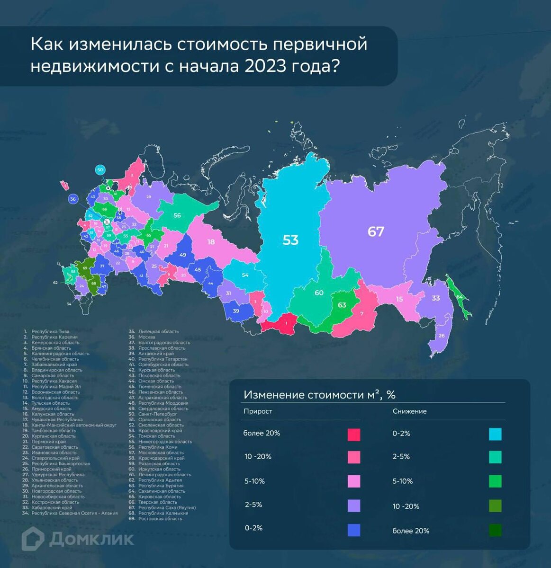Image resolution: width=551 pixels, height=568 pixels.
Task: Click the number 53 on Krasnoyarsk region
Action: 290,240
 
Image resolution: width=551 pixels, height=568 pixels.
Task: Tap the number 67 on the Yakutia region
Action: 376,231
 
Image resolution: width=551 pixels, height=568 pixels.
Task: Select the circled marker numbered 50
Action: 99,169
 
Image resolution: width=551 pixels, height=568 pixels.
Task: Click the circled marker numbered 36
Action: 73,199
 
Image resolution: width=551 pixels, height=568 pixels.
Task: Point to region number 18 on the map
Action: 211,242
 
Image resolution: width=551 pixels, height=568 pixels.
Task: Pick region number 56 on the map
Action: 177,215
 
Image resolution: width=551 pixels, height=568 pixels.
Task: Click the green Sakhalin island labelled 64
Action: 459,297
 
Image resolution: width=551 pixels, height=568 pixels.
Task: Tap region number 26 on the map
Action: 442,336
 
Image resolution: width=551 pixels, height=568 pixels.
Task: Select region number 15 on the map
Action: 399,299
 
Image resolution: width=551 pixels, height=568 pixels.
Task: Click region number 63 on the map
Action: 342,305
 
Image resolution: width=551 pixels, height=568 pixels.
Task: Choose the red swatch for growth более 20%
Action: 353,435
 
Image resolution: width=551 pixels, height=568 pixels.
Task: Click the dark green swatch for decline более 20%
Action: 495,530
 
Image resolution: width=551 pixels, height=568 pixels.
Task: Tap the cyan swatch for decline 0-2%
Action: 495,434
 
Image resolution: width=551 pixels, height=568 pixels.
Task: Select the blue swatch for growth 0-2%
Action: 353,530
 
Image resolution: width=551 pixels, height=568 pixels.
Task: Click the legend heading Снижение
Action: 409,411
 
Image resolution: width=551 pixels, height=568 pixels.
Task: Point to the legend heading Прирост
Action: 258,411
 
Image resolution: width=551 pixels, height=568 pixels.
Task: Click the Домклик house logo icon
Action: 33,539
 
